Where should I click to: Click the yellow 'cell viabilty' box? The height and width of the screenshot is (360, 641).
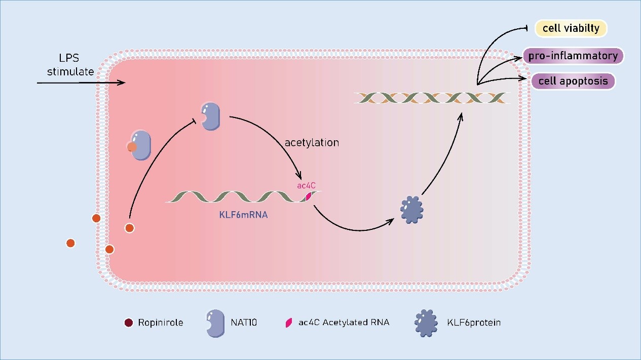coord(571,29)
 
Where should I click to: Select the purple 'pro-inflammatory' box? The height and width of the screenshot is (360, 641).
coord(573,56)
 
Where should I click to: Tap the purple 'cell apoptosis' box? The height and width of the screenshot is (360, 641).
coord(573,81)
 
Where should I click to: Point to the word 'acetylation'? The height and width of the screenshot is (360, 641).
coord(311,143)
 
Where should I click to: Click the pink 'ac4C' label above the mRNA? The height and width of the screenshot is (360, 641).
coord(307,186)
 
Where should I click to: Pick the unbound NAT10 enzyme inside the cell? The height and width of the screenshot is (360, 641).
coord(211,116)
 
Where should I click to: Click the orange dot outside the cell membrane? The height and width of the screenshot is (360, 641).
coord(71,243)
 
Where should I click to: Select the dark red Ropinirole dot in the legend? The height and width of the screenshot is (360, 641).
coord(129,322)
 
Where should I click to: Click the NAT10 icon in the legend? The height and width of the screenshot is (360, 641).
coord(213,323)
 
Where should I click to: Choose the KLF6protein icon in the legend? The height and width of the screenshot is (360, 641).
coord(425,322)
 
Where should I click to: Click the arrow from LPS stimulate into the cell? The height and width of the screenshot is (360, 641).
coord(81,82)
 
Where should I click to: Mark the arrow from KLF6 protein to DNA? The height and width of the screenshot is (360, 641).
coord(446,157)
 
